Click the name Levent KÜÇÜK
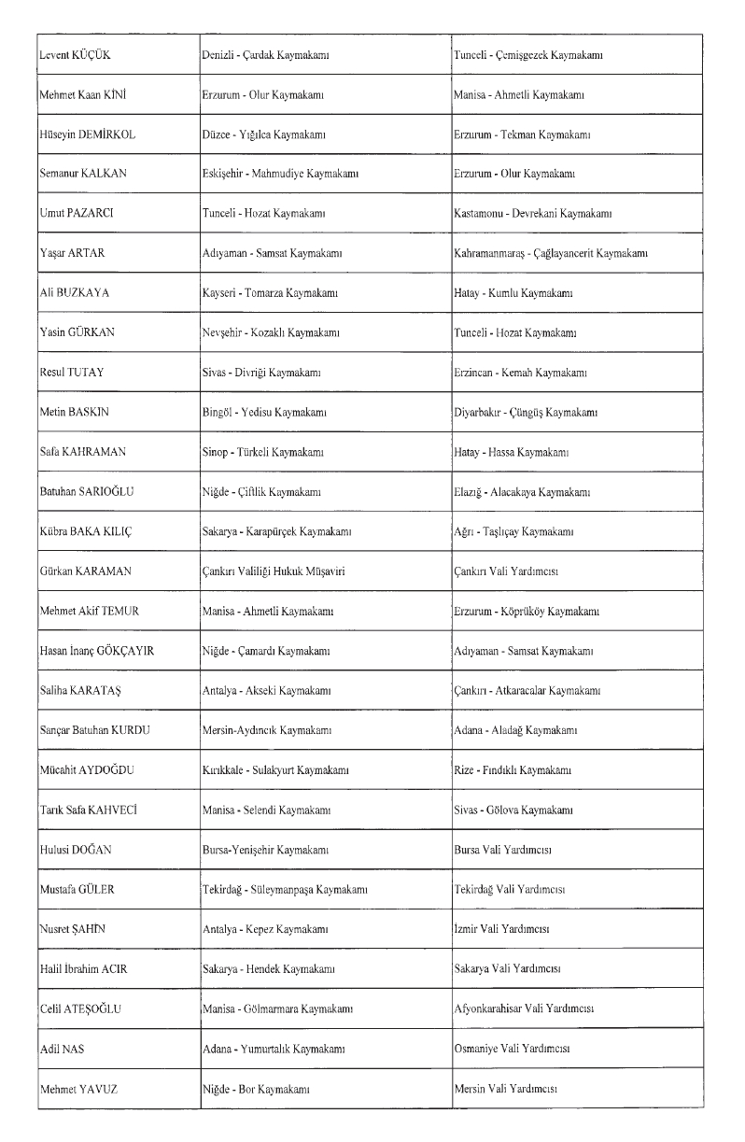point(75,55)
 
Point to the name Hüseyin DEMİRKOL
point(87,134)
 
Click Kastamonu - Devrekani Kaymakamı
point(532,214)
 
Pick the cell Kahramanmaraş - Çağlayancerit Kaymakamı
point(552,253)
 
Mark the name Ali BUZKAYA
point(74,293)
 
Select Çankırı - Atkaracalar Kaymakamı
point(527,690)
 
